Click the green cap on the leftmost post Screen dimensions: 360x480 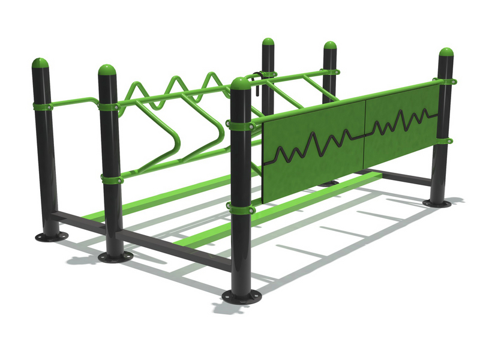(x=40, y=63)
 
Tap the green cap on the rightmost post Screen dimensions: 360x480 (x=446, y=52)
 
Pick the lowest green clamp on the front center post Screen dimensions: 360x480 (x=240, y=208)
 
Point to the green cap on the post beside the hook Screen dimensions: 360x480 (x=268, y=43)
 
